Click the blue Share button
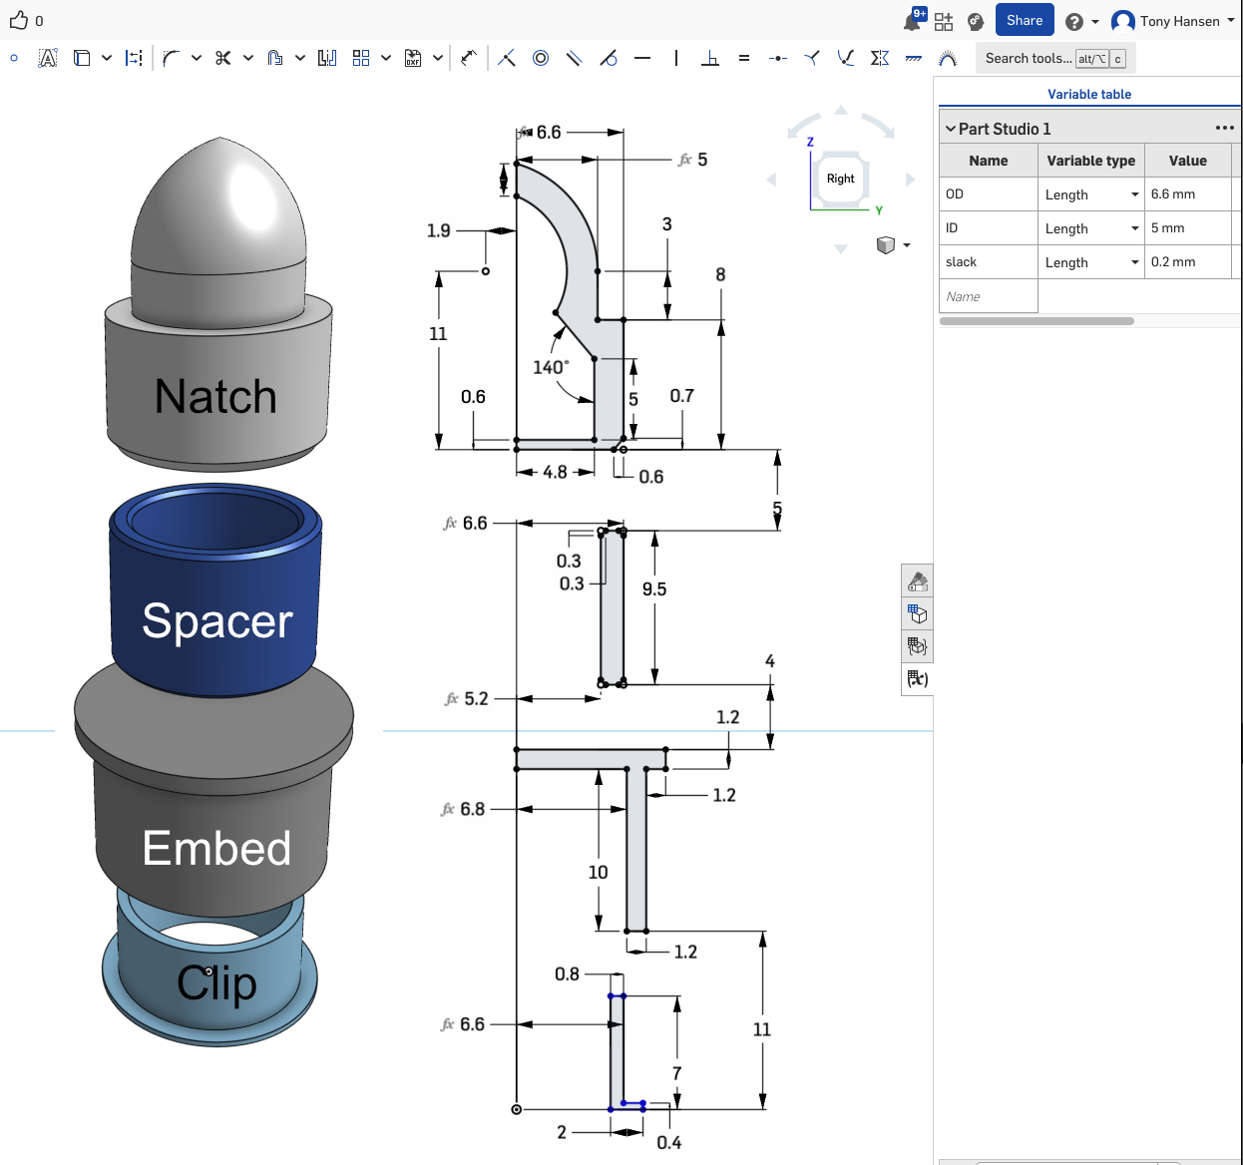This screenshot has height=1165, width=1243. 1024,20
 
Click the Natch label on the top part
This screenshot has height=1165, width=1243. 215,396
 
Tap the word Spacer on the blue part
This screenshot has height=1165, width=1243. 217,621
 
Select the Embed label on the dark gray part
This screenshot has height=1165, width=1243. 216,848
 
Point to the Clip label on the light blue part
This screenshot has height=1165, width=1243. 216,982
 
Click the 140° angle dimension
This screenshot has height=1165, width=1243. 551,367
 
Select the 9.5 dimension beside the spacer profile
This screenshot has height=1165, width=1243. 654,589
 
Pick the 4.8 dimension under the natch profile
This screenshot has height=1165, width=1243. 555,472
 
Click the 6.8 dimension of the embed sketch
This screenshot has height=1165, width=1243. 473,809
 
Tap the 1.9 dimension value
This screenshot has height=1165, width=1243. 438,231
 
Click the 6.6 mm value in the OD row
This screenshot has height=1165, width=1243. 1172,194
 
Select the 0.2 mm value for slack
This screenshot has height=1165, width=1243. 1172,261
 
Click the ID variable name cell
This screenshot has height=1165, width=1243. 989,227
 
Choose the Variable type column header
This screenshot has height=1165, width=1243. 1091,161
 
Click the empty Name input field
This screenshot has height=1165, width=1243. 989,296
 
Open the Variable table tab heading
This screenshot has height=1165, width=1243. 1089,94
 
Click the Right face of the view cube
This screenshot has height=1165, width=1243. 840,179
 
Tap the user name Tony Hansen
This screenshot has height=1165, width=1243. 1179,21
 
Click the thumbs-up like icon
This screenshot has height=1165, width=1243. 19,21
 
